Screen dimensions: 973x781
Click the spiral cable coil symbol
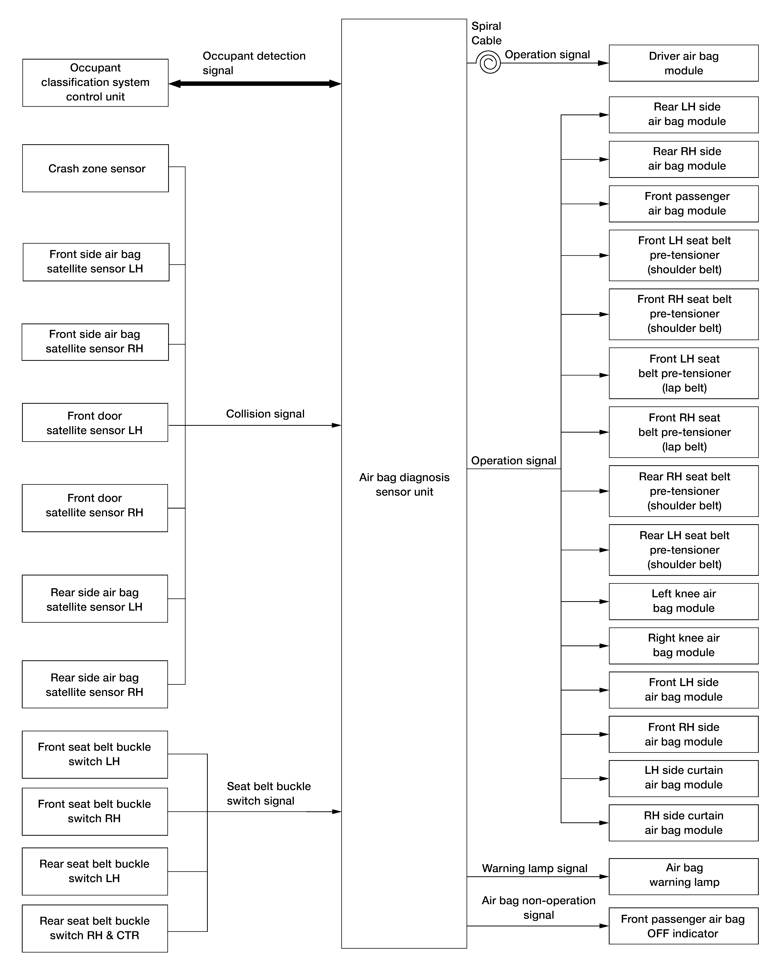(x=488, y=63)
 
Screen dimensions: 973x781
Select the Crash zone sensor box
(x=96, y=168)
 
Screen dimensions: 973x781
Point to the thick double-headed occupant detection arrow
(x=255, y=84)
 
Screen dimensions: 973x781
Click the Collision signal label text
(x=265, y=414)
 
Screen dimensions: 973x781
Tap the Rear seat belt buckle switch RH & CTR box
(x=95, y=928)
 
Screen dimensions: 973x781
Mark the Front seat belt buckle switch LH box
(x=95, y=755)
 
